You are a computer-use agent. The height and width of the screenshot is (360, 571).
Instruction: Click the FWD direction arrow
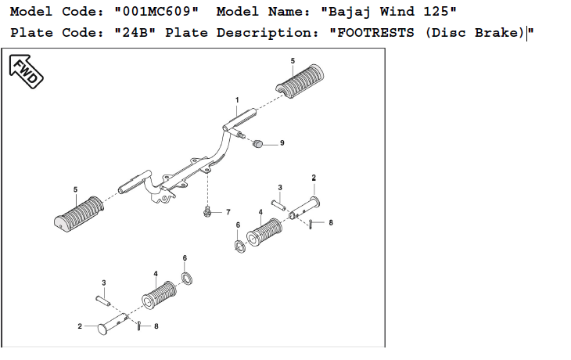(x=25, y=70)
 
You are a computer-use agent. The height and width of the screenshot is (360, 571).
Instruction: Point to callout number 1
(x=236, y=100)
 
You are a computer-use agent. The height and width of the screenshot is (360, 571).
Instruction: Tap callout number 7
(x=228, y=212)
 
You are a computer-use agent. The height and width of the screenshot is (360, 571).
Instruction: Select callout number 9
(x=282, y=143)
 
